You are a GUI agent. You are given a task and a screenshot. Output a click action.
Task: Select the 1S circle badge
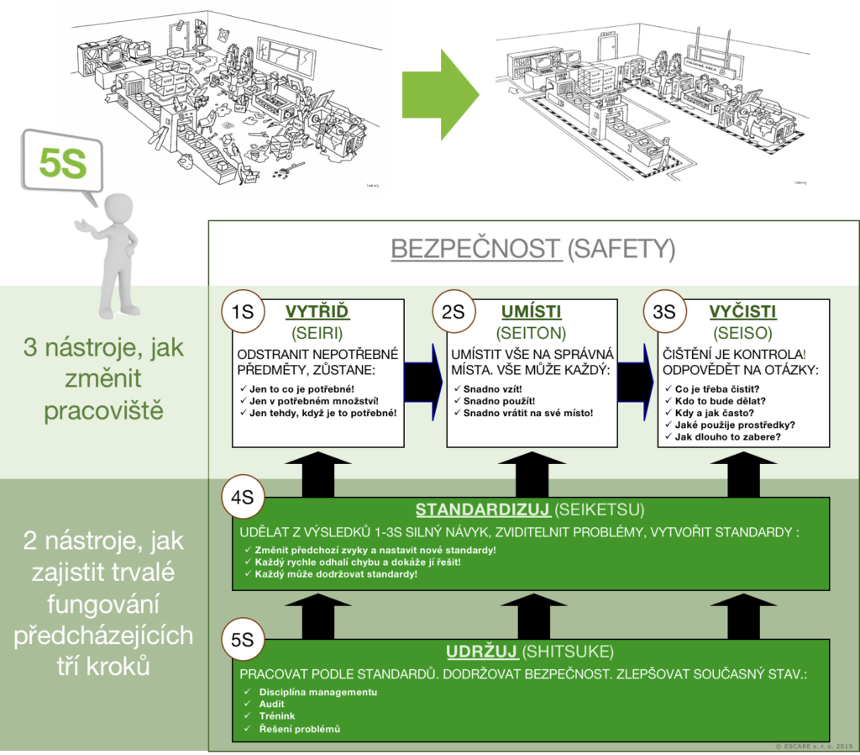click(243, 312)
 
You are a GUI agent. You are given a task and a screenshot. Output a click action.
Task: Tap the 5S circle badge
click(243, 639)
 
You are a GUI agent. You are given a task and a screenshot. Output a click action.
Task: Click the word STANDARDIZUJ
click(482, 510)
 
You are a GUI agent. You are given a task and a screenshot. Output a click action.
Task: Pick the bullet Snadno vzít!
click(498, 388)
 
